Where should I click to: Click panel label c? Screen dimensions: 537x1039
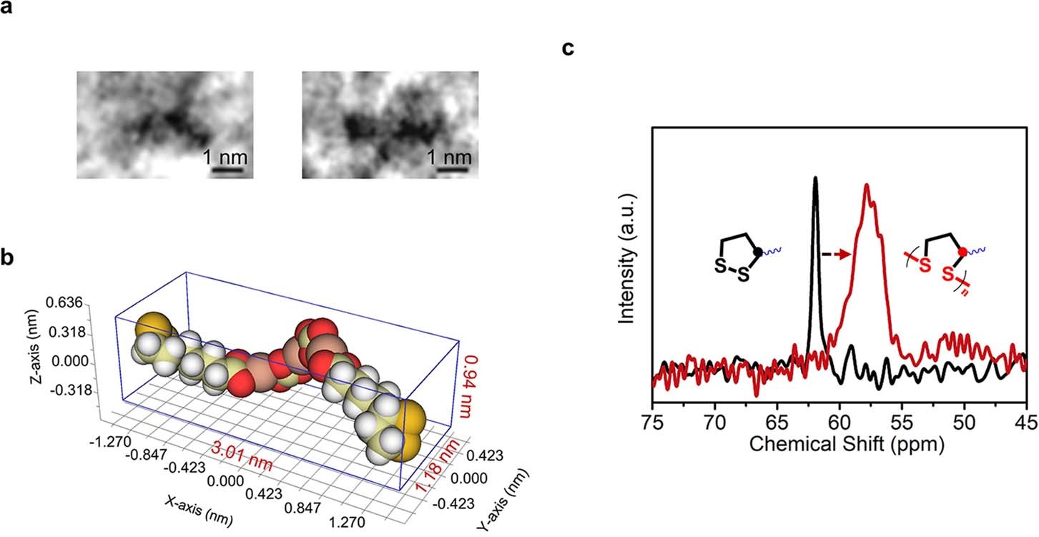pos(568,49)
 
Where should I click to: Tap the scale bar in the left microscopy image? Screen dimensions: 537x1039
pos(227,170)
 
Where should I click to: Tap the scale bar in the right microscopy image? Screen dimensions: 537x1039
pos(452,170)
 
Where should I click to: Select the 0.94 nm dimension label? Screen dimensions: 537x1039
pos(471,385)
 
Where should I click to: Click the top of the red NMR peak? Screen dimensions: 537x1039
pos(867,186)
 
